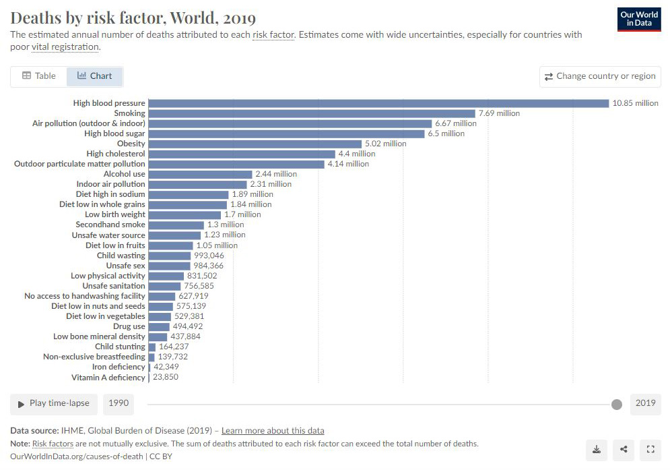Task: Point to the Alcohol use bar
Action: click(200, 174)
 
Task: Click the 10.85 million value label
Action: click(635, 103)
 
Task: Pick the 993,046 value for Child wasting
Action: click(209, 256)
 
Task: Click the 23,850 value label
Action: click(166, 378)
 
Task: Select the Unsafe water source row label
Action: click(108, 235)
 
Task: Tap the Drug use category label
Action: click(129, 326)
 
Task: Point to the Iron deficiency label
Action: click(119, 367)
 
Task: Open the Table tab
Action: click(39, 76)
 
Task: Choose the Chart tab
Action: click(95, 76)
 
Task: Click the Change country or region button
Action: click(600, 76)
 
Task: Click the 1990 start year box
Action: click(119, 403)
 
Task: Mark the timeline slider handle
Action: click(616, 404)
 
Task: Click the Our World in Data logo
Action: click(638, 19)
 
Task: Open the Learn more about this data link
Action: click(273, 430)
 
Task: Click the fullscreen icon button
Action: click(650, 449)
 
